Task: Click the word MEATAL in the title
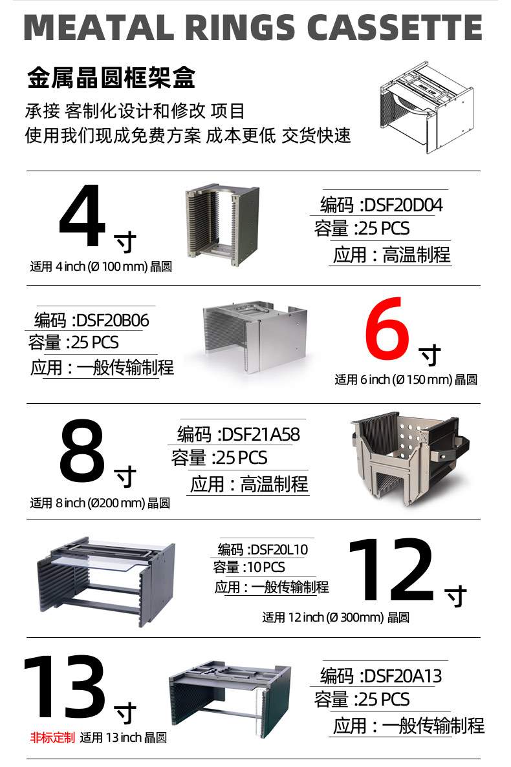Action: [x=98, y=27]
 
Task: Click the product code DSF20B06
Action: [x=113, y=320]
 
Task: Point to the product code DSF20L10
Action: [x=278, y=550]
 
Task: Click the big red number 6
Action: [x=387, y=328]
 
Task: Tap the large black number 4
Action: [x=82, y=216]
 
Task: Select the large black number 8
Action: [x=82, y=450]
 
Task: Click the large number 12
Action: [x=391, y=569]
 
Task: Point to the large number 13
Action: [x=65, y=688]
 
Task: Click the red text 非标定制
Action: [x=52, y=737]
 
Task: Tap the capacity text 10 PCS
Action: [x=266, y=567]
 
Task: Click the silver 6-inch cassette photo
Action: [x=255, y=337]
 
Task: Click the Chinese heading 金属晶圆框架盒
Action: [x=111, y=78]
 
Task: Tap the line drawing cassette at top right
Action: [x=427, y=107]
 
